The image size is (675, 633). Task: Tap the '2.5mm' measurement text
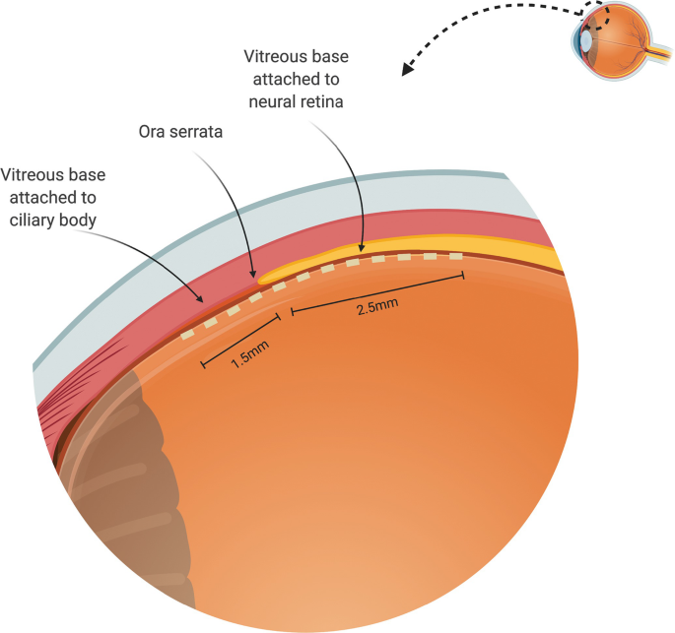point(377,306)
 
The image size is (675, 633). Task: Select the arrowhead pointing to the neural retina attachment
point(362,253)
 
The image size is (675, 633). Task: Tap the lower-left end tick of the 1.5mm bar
point(203,364)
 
